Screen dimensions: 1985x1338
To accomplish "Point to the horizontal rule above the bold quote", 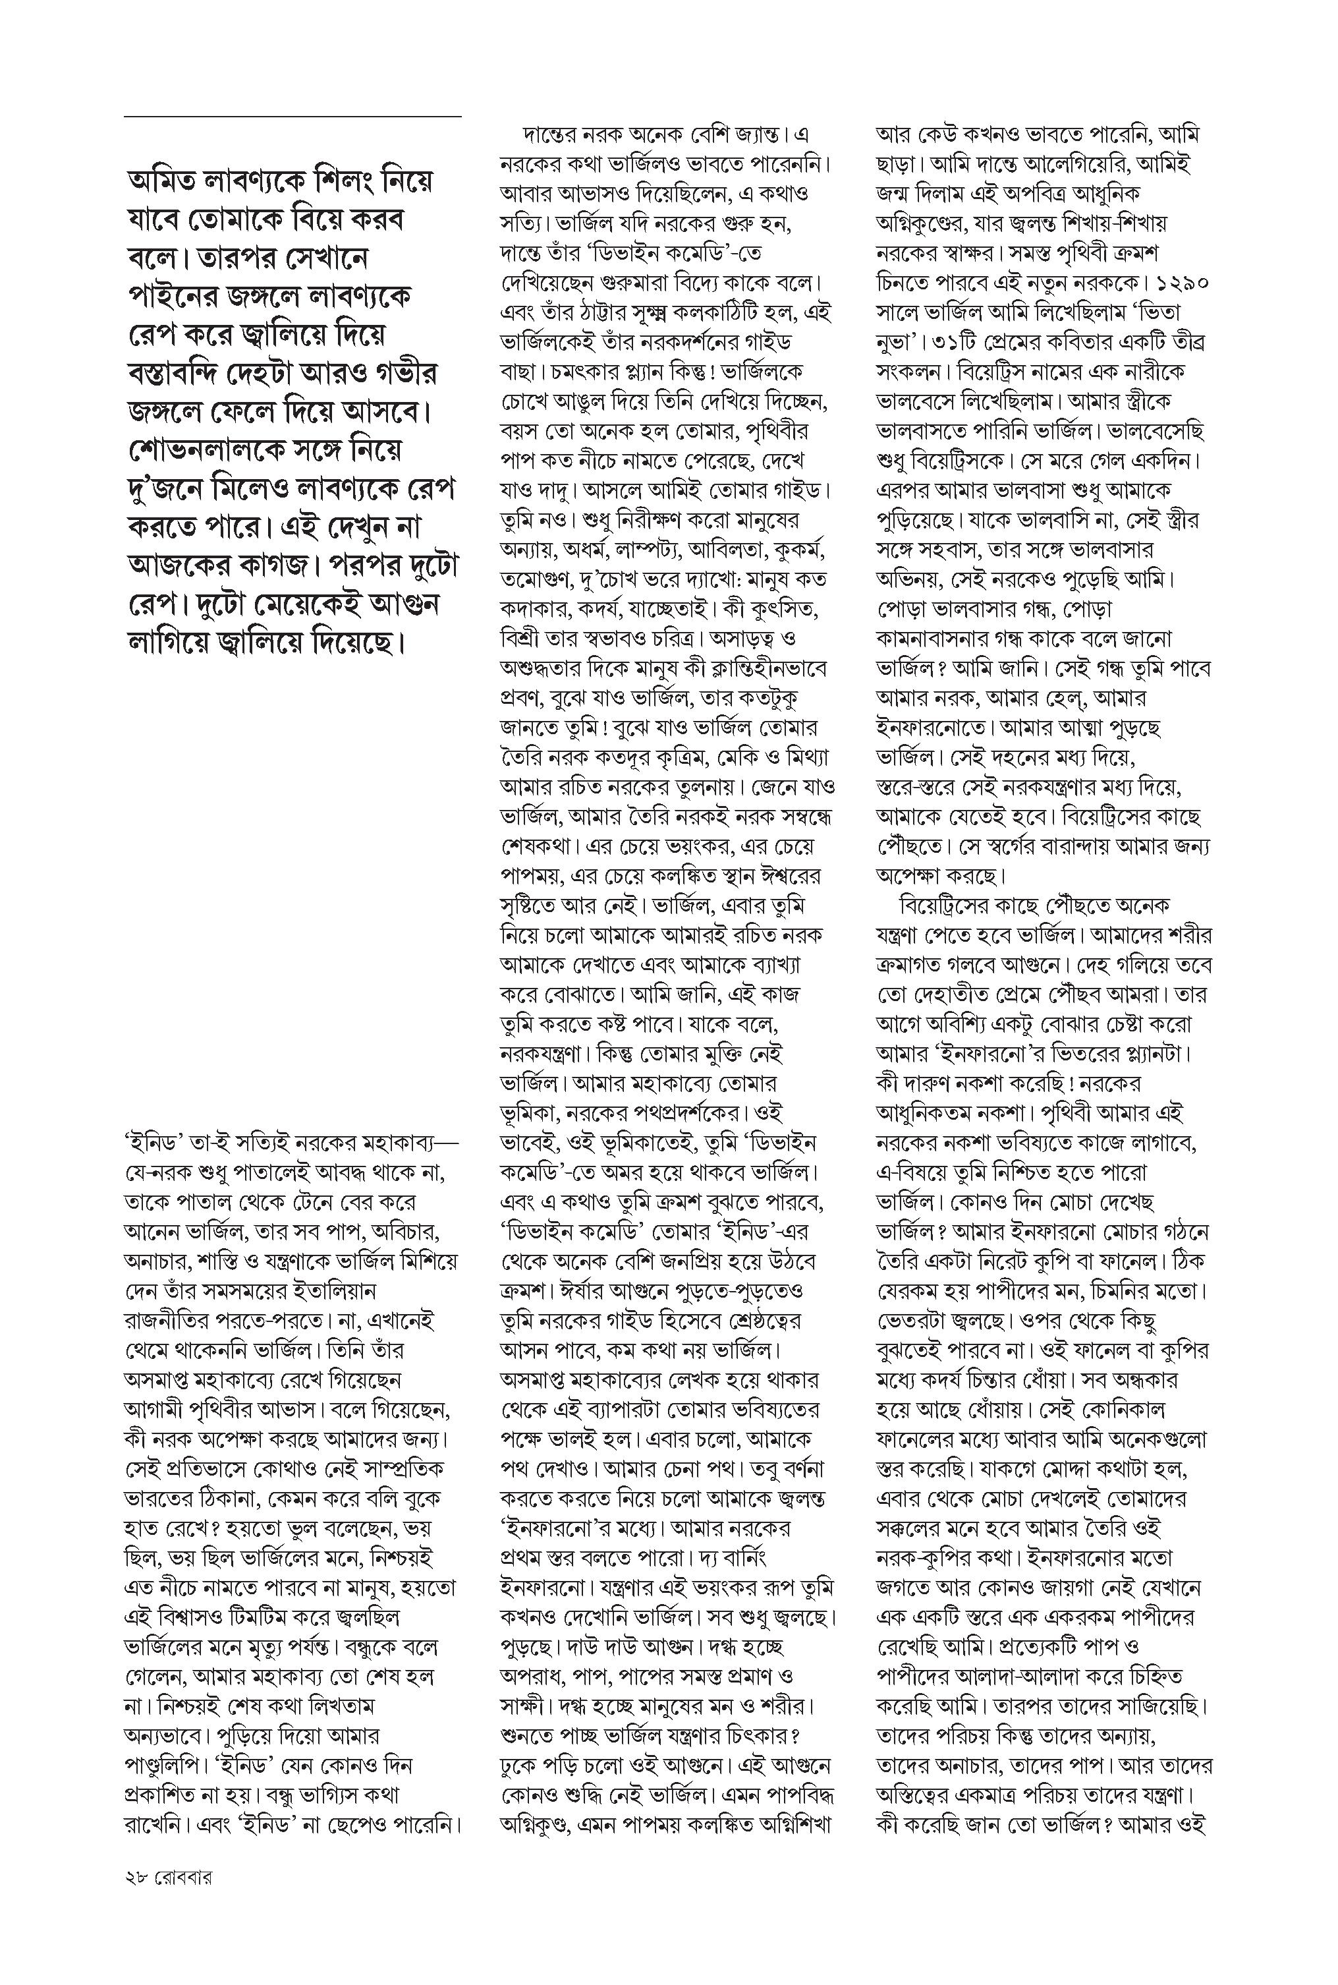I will click(292, 116).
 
